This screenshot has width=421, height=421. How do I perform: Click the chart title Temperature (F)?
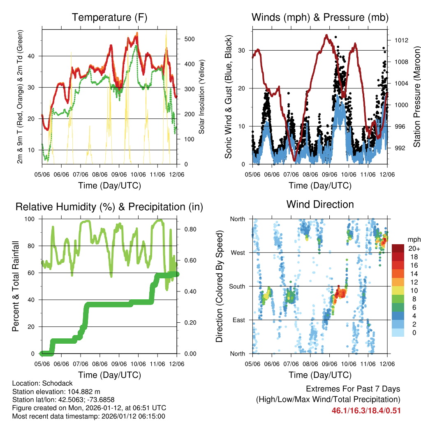click(x=109, y=18)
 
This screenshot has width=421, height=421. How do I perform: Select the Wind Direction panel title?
click(x=320, y=204)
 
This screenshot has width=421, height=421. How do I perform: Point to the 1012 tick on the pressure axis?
click(x=400, y=40)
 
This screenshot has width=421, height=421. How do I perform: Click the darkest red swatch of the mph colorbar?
click(x=398, y=248)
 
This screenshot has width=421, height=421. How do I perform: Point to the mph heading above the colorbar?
click(x=413, y=239)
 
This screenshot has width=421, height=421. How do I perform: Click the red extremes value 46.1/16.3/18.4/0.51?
click(x=366, y=410)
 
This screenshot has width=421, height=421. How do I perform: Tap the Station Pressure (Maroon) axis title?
click(x=416, y=96)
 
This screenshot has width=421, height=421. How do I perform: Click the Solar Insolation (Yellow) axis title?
click(x=201, y=97)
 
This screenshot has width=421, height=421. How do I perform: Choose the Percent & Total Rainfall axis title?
click(x=16, y=287)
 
